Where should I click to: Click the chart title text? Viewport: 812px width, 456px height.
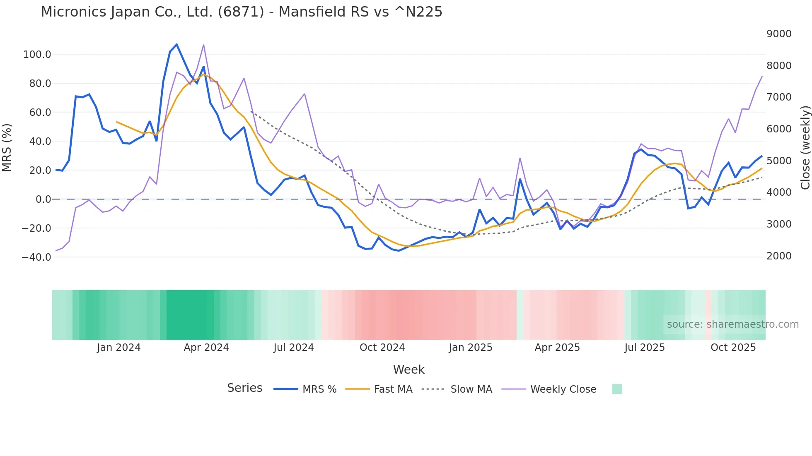pyautogui.click(x=241, y=12)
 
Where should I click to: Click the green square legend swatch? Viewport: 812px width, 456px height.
pyautogui.click(x=617, y=389)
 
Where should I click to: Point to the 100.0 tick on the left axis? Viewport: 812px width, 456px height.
pyautogui.click(x=37, y=55)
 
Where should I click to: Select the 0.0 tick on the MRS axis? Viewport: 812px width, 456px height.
pyautogui.click(x=43, y=199)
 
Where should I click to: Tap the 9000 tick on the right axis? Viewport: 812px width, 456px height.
pyautogui.click(x=779, y=34)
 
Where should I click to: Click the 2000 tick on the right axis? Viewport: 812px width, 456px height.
pyautogui.click(x=779, y=256)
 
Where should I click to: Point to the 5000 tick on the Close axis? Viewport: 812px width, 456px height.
pyautogui.click(x=779, y=161)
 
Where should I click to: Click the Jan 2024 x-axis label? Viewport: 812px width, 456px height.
pyautogui.click(x=119, y=348)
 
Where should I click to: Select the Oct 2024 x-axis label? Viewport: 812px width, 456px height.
pyautogui.click(x=382, y=348)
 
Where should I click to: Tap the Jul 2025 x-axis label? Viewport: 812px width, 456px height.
pyautogui.click(x=645, y=348)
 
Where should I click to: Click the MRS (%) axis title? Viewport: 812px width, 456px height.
pyautogui.click(x=7, y=148)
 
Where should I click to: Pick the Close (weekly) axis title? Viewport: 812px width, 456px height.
pyautogui.click(x=805, y=148)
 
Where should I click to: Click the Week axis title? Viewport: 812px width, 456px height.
pyautogui.click(x=408, y=370)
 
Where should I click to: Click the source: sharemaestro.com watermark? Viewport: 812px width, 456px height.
pyautogui.click(x=732, y=324)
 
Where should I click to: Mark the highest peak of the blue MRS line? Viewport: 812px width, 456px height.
pyautogui.click(x=177, y=44)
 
